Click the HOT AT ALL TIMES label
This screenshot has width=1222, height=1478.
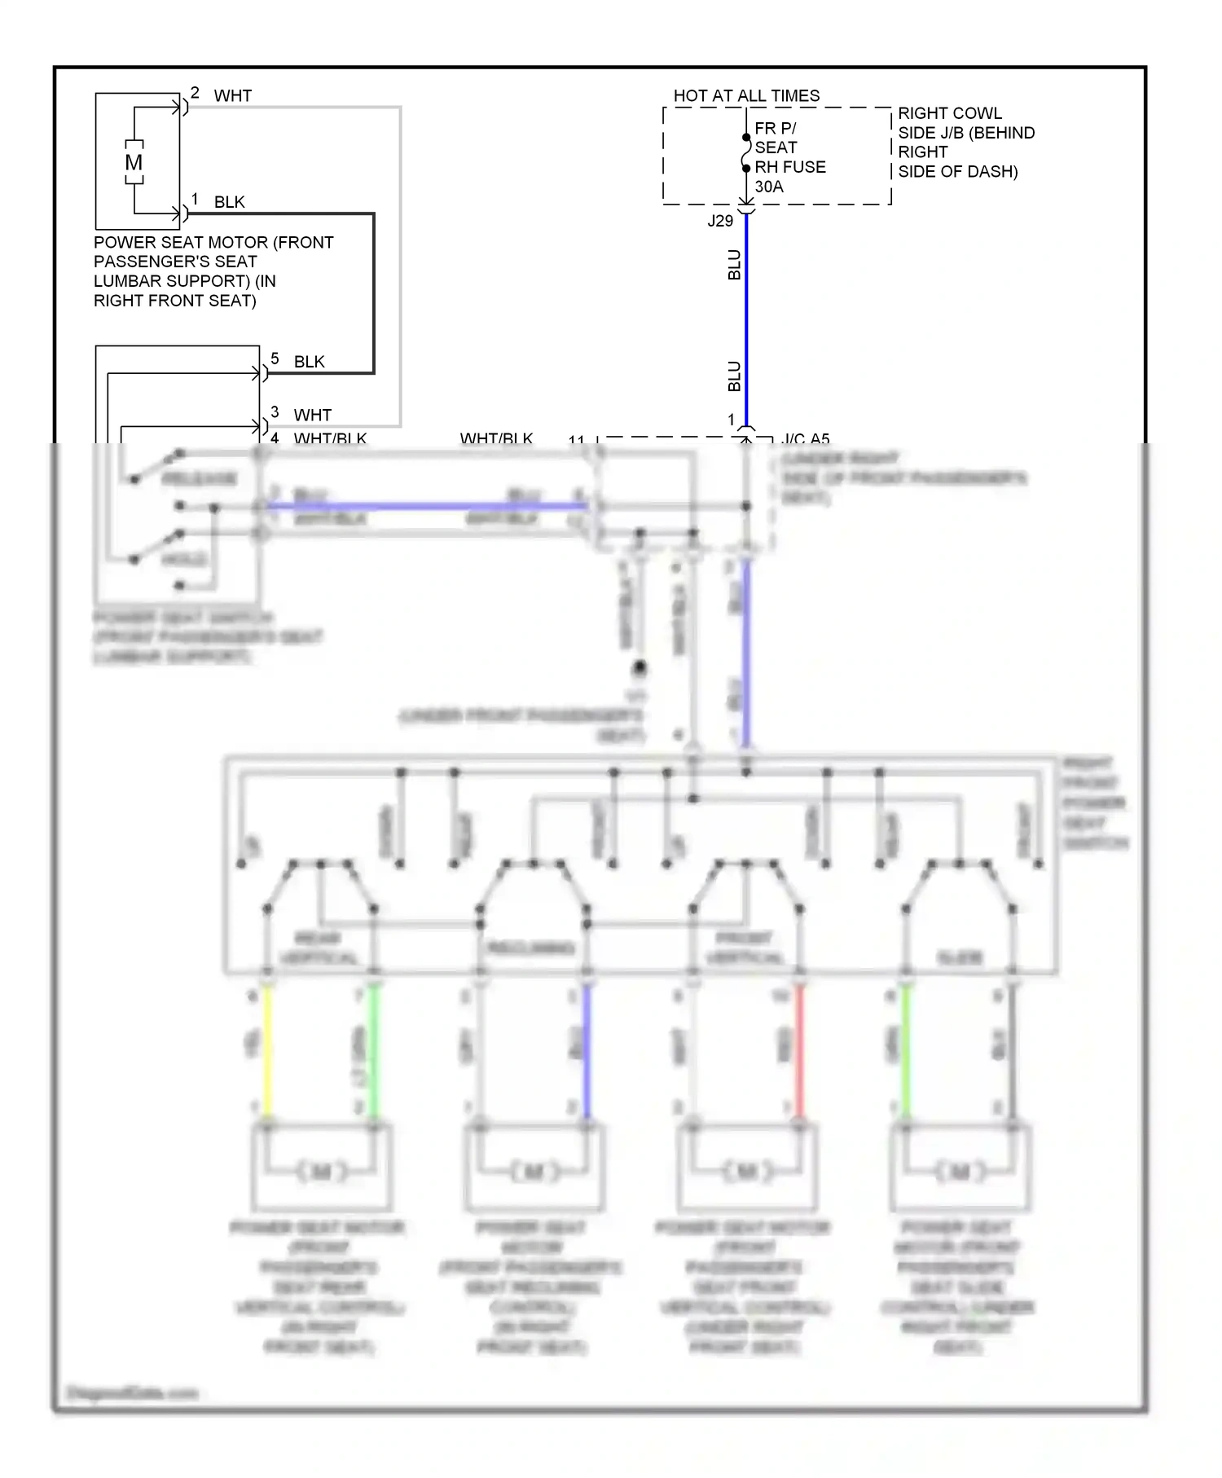(x=746, y=96)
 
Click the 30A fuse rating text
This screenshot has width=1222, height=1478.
(x=769, y=187)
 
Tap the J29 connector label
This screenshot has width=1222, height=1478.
(x=720, y=221)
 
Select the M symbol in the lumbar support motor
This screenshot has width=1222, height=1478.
(x=134, y=162)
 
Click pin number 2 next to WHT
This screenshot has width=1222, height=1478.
(x=195, y=93)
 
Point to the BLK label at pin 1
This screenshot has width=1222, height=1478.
(x=229, y=202)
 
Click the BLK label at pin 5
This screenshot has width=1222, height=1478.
(x=309, y=362)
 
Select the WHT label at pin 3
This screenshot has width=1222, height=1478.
(x=312, y=416)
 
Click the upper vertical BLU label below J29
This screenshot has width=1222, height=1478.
(x=734, y=265)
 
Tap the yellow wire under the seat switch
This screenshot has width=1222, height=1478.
(x=266, y=1051)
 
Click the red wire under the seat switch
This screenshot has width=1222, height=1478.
(x=799, y=1051)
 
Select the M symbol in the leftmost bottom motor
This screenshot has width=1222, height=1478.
(x=321, y=1172)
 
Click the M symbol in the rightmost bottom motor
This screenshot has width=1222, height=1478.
(x=960, y=1172)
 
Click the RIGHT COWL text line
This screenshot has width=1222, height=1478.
(x=950, y=113)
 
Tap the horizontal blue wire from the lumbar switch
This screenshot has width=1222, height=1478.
(x=424, y=506)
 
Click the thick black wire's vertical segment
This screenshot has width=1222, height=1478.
(x=374, y=293)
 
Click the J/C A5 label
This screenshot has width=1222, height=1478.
(x=805, y=439)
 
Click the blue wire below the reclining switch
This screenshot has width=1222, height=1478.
(x=587, y=1051)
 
